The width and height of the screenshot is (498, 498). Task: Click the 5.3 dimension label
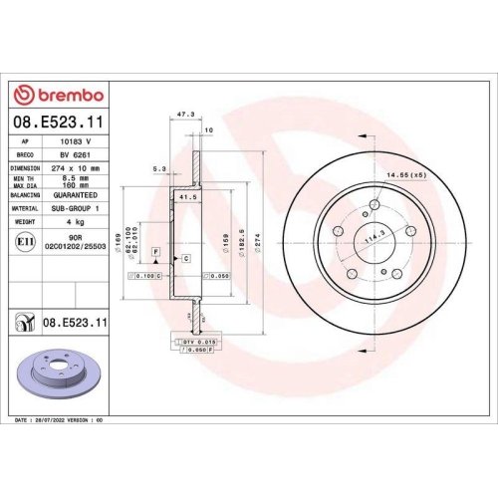tap(160, 168)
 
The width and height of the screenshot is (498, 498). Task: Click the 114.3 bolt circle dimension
tap(375, 239)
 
